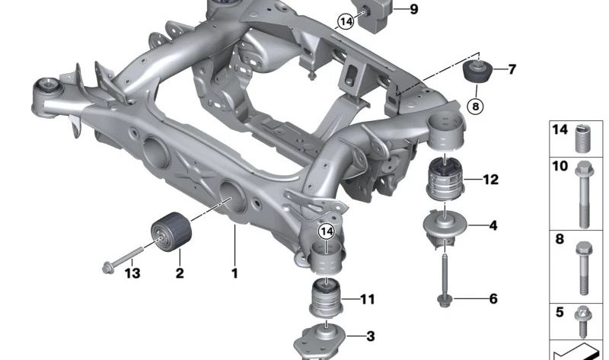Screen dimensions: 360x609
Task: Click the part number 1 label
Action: [x=234, y=272]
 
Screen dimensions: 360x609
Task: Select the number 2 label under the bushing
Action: [x=180, y=272]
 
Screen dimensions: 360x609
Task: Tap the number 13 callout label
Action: [x=133, y=272]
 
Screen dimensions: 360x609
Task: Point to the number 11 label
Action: [x=367, y=299]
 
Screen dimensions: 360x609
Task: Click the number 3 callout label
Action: [x=370, y=336]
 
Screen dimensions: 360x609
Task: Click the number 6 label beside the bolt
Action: [x=493, y=299]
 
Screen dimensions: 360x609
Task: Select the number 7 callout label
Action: [x=512, y=70]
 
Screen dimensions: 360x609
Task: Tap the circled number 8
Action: [x=477, y=107]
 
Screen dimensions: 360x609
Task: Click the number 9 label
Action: [x=413, y=10]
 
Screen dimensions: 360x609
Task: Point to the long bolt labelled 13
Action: [x=130, y=256]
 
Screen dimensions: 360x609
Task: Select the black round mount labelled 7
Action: [x=477, y=72]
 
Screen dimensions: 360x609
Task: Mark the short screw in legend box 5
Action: [x=584, y=320]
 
